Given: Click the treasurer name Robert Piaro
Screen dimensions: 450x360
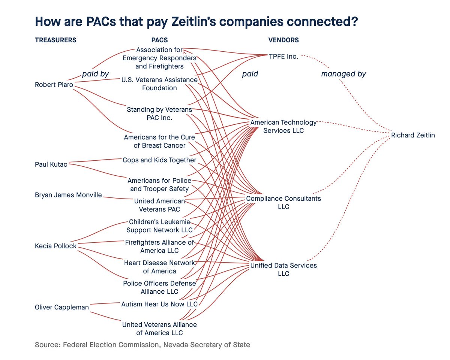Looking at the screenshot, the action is pos(54,85).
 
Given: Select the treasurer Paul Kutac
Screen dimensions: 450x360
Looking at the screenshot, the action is pos(51,164).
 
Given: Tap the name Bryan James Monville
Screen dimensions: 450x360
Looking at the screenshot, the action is pos(68,195).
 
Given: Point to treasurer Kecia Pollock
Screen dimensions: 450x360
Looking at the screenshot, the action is pos(55,246).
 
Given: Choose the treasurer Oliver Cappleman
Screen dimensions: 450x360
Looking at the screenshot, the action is pos(62,307).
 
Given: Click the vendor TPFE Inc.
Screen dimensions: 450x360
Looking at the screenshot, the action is pos(283,57).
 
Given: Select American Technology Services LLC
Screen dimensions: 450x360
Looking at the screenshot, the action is pos(283,126).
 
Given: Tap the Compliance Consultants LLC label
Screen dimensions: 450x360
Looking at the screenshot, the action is pos(283,202).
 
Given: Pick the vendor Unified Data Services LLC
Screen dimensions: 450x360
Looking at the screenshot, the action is pos(283,269).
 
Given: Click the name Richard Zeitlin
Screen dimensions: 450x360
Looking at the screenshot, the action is pos(413,135).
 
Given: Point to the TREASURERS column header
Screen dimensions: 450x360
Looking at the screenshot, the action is pos(55,40).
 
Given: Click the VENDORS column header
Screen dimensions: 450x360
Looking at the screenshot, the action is pos(283,40).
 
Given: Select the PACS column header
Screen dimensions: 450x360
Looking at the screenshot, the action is pos(159,40).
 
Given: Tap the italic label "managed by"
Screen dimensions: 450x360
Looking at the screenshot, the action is pos(343,74).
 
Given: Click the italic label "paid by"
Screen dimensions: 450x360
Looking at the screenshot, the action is pos(96,74).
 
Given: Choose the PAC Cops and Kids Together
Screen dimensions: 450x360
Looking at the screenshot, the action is pos(159,160).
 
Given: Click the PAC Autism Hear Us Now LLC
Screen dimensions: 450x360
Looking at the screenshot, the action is pos(159,304).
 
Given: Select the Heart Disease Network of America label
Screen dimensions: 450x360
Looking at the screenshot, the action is pos(159,267).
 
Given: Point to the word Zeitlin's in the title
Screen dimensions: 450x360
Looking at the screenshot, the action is pos(193,21).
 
